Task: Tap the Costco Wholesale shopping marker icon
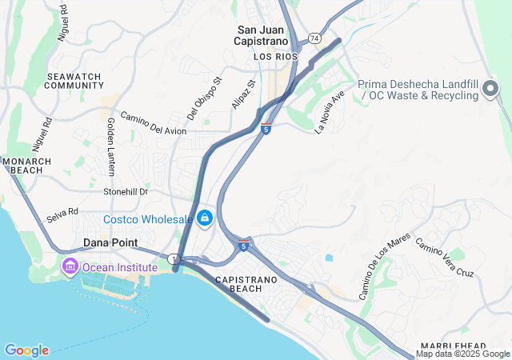click(x=206, y=218)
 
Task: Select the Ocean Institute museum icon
click(x=70, y=266)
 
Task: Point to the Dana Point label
click(x=110, y=242)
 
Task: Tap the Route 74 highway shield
click(x=315, y=38)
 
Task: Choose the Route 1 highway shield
click(x=174, y=258)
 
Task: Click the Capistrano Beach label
click(x=257, y=283)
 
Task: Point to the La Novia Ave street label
click(x=330, y=110)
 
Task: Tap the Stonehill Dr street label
click(x=126, y=192)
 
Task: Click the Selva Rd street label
click(x=62, y=213)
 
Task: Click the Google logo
click(x=26, y=350)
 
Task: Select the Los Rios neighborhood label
click(x=275, y=58)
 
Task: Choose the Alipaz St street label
click(x=242, y=94)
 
